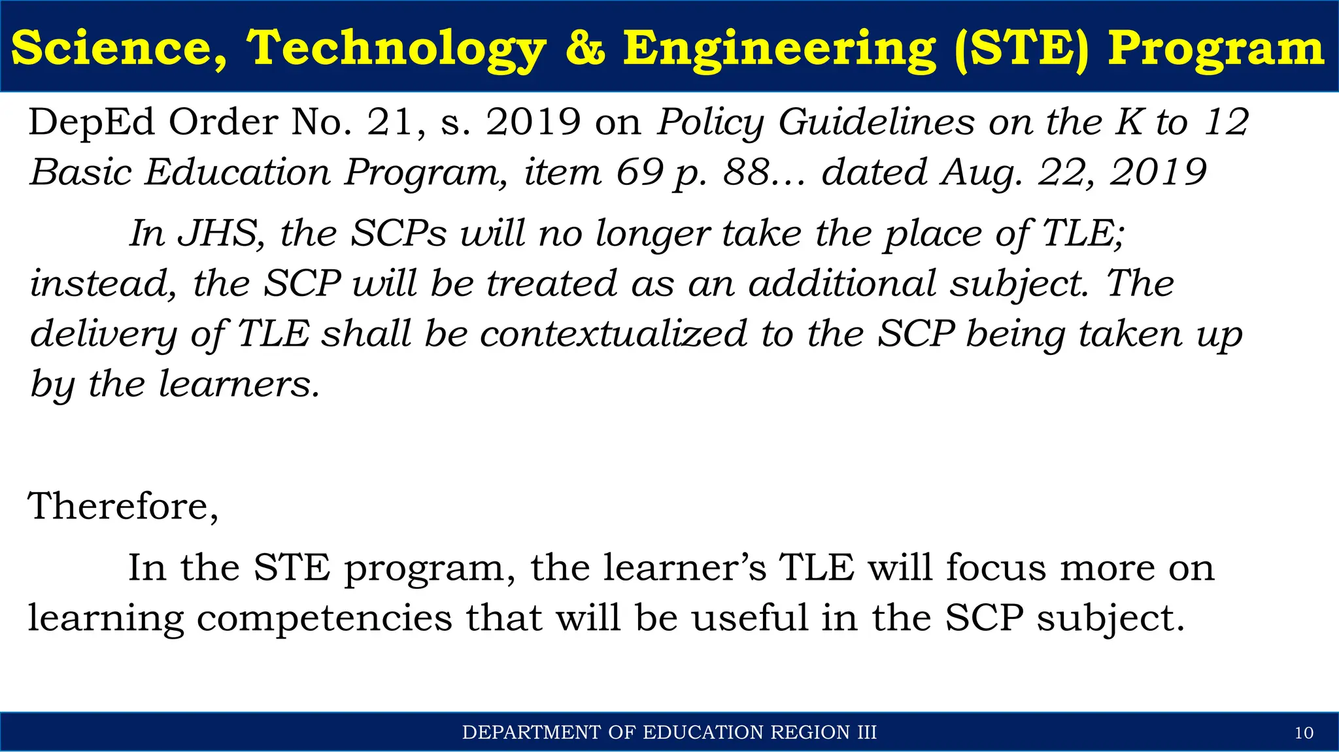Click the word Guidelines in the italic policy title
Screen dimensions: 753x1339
coord(876,122)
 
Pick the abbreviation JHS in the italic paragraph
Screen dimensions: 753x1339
coord(220,233)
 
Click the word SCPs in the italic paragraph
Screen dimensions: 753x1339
coord(399,233)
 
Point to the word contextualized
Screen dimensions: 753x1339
coord(613,334)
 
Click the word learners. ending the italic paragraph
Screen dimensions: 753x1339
coord(239,384)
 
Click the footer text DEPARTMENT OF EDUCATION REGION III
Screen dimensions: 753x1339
coord(669,733)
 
